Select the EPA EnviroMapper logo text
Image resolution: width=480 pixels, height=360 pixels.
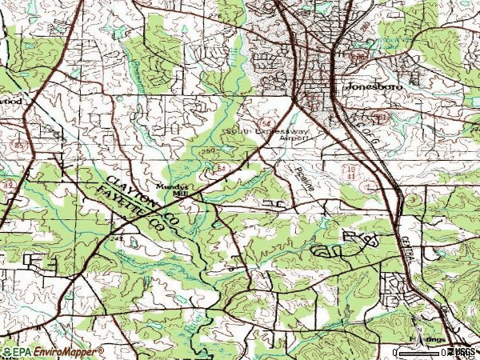pos(53,351)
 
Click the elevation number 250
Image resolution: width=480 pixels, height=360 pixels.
pos(209,151)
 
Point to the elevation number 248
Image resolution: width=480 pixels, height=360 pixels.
pos(118,238)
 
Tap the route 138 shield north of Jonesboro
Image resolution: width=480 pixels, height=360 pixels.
pos(362,57)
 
